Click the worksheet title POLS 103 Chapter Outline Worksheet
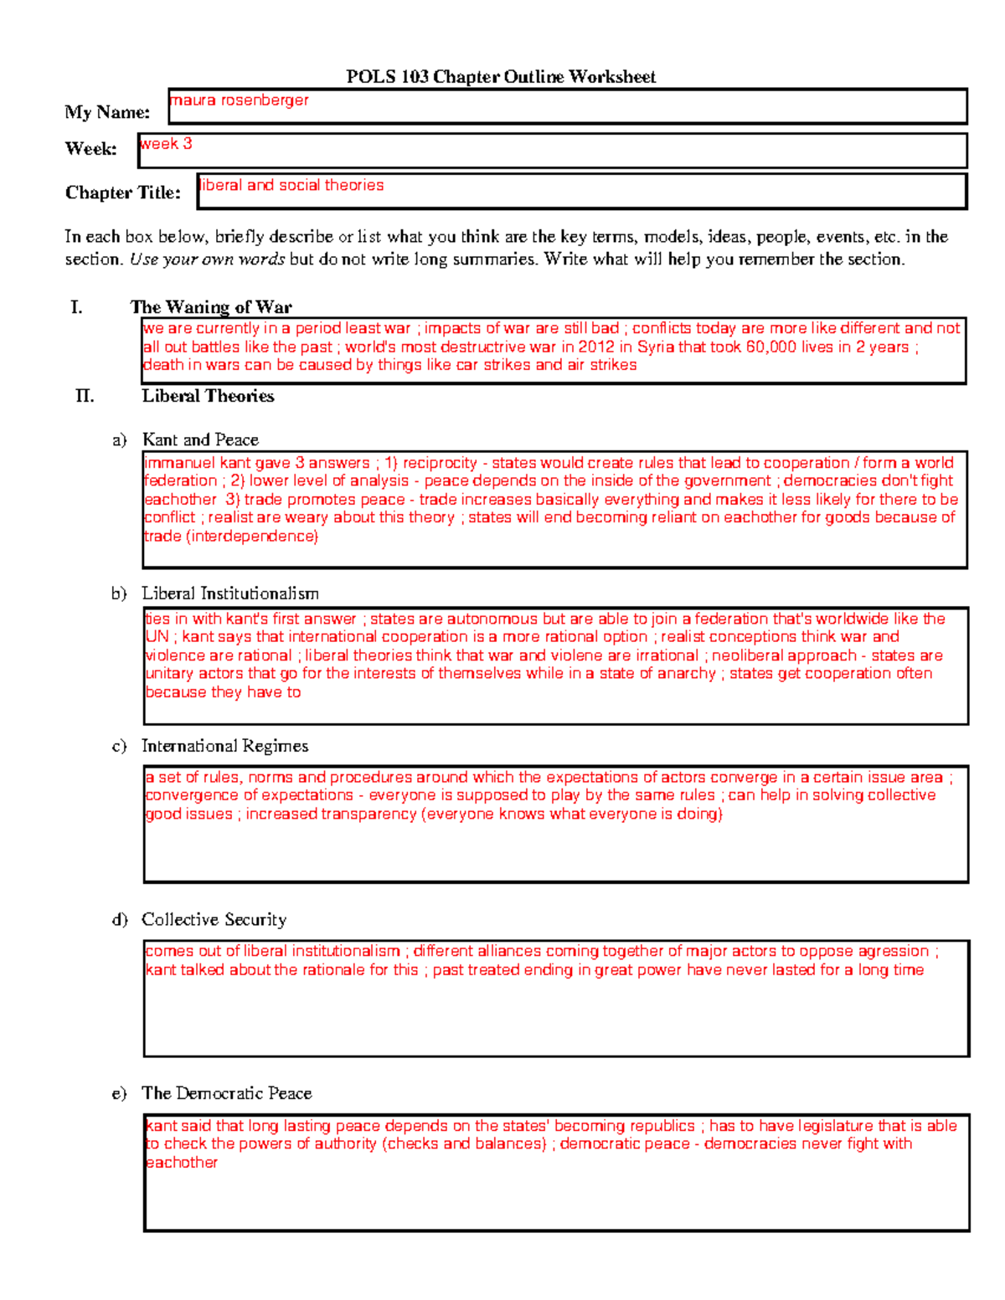tap(501, 77)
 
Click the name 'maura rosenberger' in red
tap(240, 100)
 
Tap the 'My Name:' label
tap(107, 112)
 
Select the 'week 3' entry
tap(166, 143)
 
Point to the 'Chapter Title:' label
tap(123, 193)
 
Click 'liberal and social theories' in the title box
tap(291, 185)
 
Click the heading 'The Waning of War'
tap(211, 306)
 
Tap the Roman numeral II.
tap(85, 396)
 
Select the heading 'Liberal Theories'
tap(208, 396)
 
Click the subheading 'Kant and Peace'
tap(200, 439)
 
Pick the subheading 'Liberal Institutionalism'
tap(229, 593)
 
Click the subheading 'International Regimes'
tap(224, 746)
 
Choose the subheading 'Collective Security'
tap(214, 919)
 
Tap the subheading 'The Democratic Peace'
tap(226, 1093)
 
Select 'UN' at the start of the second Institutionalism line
tap(157, 637)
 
